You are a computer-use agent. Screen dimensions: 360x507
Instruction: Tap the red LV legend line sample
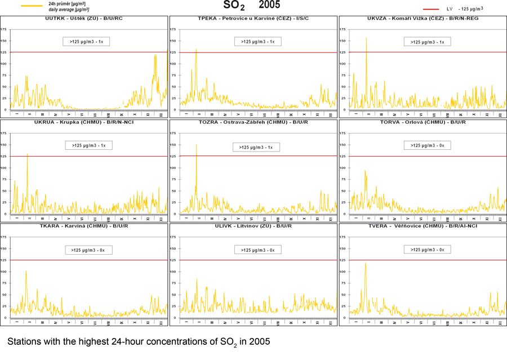point(432,9)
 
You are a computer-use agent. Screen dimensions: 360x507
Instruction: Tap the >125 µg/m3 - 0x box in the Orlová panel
point(426,145)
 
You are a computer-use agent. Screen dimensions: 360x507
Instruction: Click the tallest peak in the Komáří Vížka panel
point(366,38)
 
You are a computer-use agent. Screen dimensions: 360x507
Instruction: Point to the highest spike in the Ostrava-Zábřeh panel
point(196,145)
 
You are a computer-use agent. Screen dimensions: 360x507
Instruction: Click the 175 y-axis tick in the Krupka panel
point(5,133)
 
